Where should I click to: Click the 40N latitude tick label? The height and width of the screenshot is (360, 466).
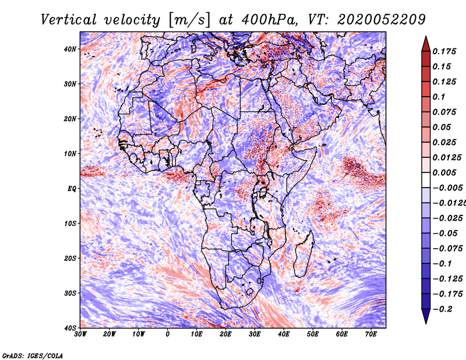click(x=70, y=49)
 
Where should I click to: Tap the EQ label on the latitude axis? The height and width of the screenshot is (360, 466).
click(x=72, y=189)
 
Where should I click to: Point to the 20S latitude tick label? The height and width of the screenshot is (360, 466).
click(x=70, y=258)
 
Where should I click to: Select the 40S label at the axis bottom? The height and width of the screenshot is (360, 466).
click(x=70, y=328)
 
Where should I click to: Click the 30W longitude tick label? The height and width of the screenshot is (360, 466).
click(x=80, y=334)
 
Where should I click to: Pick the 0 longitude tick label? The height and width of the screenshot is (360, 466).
click(x=168, y=334)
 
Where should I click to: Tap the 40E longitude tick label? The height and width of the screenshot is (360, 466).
click(x=284, y=334)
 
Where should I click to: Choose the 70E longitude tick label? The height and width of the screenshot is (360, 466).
click(x=371, y=334)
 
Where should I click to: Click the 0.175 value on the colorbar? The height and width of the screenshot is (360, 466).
click(x=444, y=52)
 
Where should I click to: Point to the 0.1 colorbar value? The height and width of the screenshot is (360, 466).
click(x=439, y=97)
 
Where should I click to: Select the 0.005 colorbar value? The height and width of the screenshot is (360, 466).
click(x=444, y=172)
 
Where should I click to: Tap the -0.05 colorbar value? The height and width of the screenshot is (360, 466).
click(x=445, y=234)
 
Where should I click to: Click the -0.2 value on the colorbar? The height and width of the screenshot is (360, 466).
click(x=442, y=309)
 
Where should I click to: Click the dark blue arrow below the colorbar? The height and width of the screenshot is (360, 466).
click(x=426, y=316)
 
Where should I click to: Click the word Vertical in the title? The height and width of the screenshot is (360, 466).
click(x=69, y=20)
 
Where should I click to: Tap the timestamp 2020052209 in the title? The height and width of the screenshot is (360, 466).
click(x=382, y=20)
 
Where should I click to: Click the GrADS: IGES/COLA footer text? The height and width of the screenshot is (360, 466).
click(x=33, y=356)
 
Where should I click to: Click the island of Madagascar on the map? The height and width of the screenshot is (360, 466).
click(x=303, y=254)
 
